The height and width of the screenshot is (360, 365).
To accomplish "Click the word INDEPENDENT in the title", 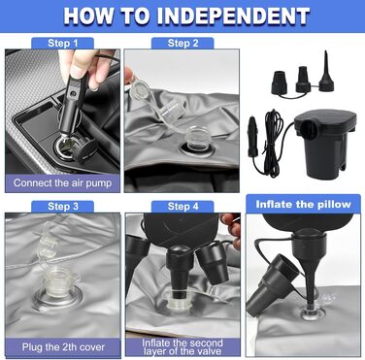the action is [233, 16].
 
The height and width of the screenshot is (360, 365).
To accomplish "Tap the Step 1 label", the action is [63, 43].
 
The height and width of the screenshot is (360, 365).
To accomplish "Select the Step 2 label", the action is [182, 43].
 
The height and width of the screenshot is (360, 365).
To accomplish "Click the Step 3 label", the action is [63, 206].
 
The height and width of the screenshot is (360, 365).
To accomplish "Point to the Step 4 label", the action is [182, 206].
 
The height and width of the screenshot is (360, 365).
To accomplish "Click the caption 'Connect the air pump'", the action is [62, 182].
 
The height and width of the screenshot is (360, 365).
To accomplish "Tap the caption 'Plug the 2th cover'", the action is [63, 347].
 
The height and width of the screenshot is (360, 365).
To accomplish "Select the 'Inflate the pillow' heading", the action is [303, 205].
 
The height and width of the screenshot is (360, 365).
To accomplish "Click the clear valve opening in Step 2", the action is [197, 140].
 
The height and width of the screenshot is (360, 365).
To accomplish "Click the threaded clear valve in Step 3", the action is [58, 285].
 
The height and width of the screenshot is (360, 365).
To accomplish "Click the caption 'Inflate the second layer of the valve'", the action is [182, 347].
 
